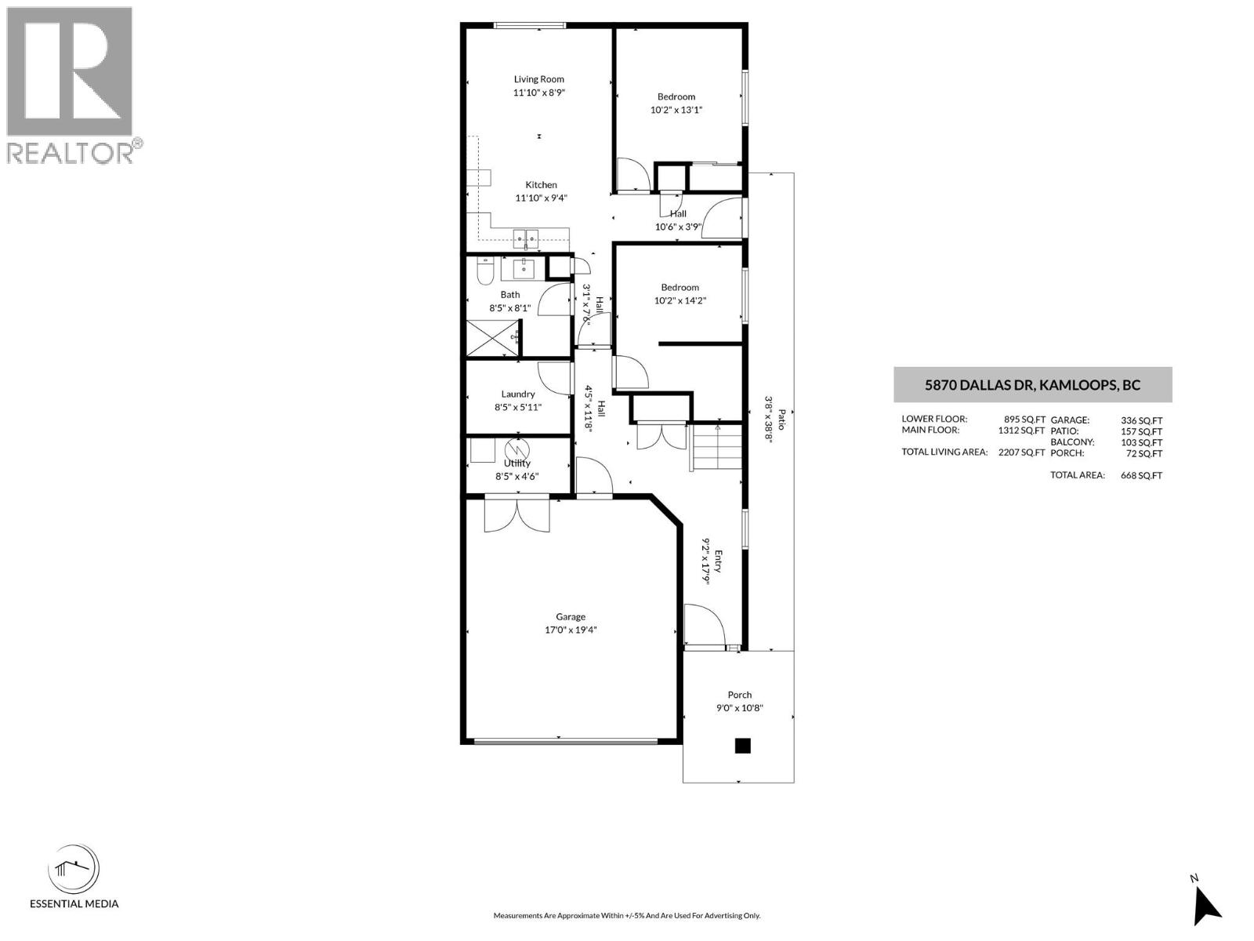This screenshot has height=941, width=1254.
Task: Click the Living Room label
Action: pos(538,79)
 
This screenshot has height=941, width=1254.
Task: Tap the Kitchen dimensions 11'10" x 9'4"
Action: pos(541,198)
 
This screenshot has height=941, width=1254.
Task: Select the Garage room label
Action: pos(571,617)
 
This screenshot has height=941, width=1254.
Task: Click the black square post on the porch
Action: pos(742,746)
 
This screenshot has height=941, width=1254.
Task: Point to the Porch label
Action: pos(739,695)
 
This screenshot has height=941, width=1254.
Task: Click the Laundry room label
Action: pos(518,394)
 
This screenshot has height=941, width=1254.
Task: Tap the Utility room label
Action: pos(517,463)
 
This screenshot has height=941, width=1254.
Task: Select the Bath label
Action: pos(510,295)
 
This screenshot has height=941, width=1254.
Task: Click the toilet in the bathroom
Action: pos(484,271)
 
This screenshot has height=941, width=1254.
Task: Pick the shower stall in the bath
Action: pos(493,339)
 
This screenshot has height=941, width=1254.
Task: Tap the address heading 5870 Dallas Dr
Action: pos(1032,385)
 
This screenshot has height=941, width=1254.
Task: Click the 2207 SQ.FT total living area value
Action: pos(1021,452)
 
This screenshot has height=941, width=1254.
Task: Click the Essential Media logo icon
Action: pos(74,869)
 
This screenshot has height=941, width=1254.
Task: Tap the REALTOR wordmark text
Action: pos(71,153)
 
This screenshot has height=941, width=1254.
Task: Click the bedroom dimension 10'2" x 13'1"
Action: pos(676,110)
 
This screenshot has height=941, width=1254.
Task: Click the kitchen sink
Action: pos(525,236)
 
